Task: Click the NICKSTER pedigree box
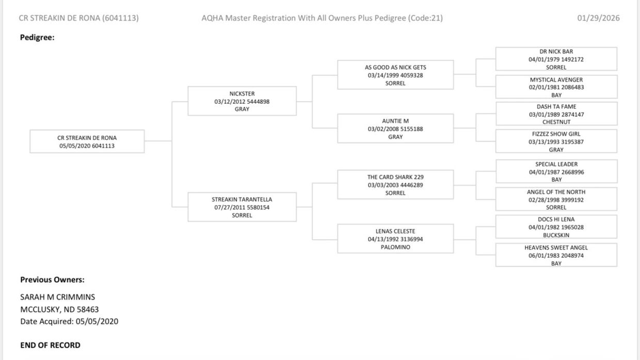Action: tap(242, 101)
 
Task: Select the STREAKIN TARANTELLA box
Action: tap(242, 207)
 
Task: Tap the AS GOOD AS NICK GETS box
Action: tap(395, 75)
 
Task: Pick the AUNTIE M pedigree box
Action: tap(395, 129)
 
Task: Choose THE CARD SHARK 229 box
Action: tap(395, 184)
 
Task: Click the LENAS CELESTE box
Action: tap(395, 239)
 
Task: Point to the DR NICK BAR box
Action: tap(556, 59)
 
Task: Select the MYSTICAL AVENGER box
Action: tap(556, 87)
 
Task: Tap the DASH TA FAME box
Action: tap(556, 114)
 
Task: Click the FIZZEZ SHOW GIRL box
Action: tap(556, 142)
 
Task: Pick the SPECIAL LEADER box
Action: tap(556, 171)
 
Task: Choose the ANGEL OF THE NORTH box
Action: tap(556, 199)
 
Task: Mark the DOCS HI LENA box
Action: tap(556, 227)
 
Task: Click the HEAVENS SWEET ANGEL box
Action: tap(556, 255)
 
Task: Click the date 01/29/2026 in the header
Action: tap(598, 18)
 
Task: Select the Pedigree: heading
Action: tap(37, 37)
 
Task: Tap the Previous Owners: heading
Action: tap(52, 280)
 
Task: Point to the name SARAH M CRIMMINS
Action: tap(57, 297)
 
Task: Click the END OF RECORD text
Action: tap(50, 345)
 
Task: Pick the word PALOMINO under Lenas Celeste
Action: tap(395, 247)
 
